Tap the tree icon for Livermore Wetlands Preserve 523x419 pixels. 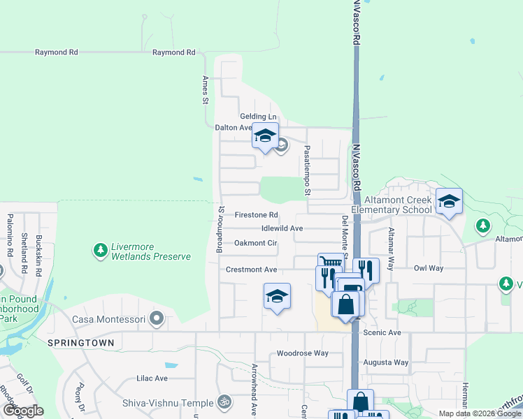(101, 249)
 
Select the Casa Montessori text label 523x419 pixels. (108, 320)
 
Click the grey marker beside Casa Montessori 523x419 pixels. (157, 320)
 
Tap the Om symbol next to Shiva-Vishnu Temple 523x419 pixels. (224, 402)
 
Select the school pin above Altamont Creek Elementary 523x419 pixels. (449, 201)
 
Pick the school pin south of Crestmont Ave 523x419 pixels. (277, 296)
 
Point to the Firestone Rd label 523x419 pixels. (257, 215)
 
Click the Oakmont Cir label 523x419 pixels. (256, 243)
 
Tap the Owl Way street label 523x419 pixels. (429, 267)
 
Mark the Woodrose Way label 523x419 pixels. (303, 353)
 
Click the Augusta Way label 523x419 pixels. (386, 362)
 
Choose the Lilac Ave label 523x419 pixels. (152, 378)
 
